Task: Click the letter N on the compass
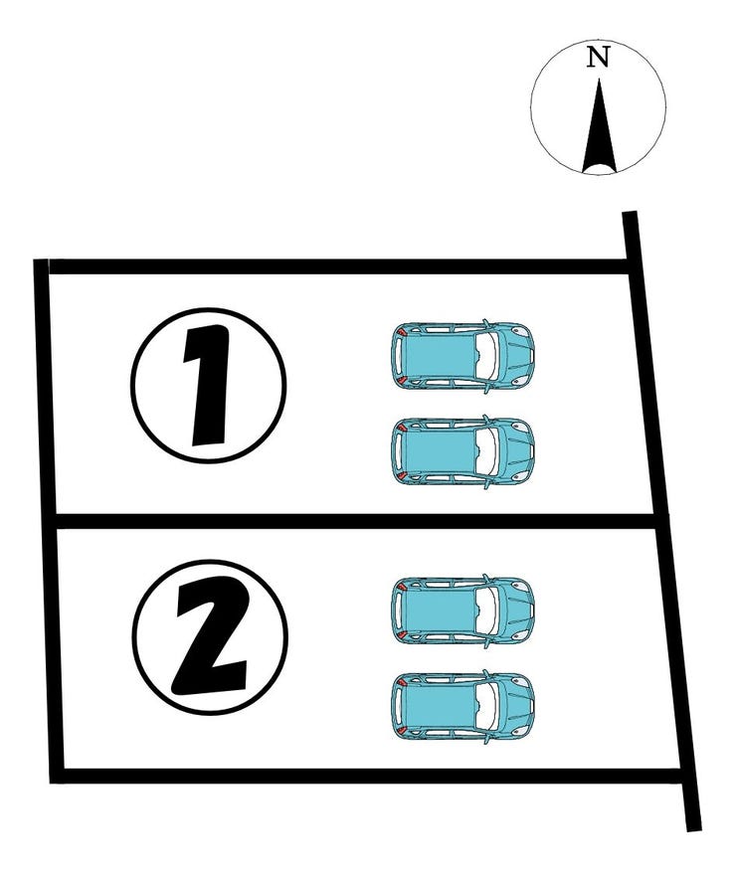597,58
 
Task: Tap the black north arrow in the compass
599,129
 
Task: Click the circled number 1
209,384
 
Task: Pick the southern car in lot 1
462,450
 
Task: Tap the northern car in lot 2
462,609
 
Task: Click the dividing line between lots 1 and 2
348,521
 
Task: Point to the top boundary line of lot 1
338,265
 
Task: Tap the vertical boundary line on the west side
46,517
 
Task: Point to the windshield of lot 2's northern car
486,609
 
